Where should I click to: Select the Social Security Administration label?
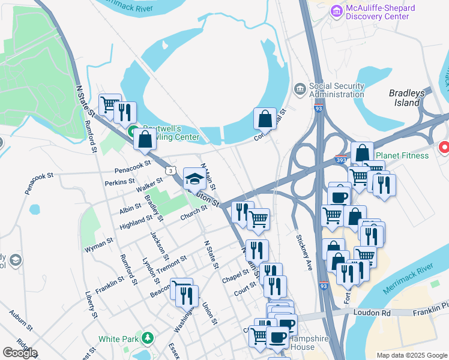click(x=336, y=90)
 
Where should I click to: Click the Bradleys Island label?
click(x=406, y=98)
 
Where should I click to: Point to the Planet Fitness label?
click(x=398, y=155)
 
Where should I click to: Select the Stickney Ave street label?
click(x=304, y=252)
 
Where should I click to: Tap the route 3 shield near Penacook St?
click(x=172, y=172)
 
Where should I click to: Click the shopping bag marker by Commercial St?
click(x=265, y=119)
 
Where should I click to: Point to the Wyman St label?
click(x=101, y=244)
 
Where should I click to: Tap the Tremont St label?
click(x=172, y=262)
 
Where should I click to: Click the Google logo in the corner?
click(x=19, y=352)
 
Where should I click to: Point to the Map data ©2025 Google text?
click(x=411, y=355)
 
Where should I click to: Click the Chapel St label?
click(x=235, y=275)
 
